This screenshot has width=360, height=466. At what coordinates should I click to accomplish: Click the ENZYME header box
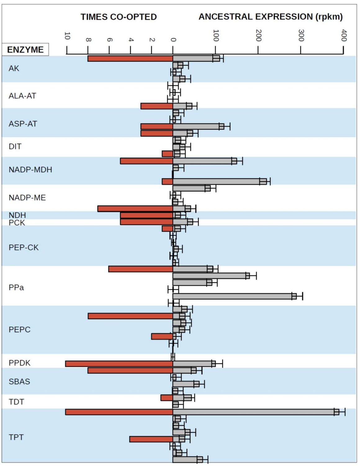tap(25, 50)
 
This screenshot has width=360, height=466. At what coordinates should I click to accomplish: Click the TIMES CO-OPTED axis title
tap(119, 17)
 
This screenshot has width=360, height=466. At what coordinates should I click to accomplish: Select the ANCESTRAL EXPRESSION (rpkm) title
tap(270, 17)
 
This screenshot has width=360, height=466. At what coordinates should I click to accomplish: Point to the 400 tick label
tap(344, 35)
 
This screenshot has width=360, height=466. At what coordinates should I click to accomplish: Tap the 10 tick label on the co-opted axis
tap(67, 36)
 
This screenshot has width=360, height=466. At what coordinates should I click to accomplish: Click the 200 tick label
tap(259, 35)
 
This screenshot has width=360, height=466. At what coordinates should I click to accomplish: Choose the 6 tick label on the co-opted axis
tap(110, 39)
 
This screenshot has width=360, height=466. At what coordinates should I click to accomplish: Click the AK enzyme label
tap(14, 68)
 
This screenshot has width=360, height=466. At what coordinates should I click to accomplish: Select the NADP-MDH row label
tap(30, 170)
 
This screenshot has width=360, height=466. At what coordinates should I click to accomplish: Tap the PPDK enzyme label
tap(20, 363)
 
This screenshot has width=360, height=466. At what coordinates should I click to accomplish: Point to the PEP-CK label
tap(24, 248)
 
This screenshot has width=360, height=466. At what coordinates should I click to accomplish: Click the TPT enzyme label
tap(16, 437)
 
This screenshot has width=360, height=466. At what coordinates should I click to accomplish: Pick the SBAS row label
tap(19, 381)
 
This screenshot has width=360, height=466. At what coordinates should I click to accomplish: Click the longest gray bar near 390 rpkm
tap(254, 412)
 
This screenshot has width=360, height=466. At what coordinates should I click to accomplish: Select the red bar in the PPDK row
tap(119, 363)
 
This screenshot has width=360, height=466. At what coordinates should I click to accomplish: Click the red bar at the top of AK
tap(130, 58)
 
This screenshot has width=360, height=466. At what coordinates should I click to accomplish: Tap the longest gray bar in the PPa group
tap(233, 296)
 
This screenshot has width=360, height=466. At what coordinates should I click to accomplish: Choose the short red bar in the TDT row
tap(167, 398)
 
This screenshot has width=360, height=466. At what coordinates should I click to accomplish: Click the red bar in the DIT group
tap(167, 154)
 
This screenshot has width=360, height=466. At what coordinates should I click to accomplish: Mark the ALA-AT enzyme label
tap(22, 96)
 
